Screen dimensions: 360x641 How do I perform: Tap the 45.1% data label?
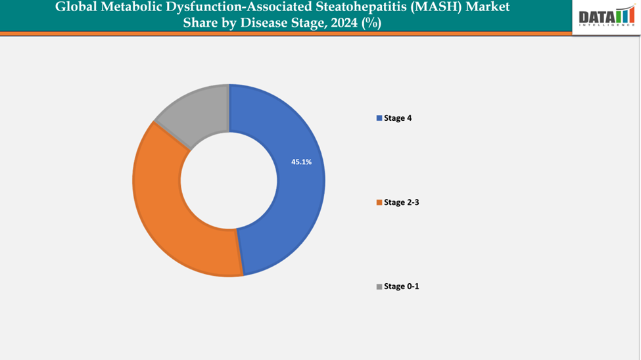(302, 162)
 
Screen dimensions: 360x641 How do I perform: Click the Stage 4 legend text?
(398, 118)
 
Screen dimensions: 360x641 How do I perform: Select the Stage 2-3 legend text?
(401, 202)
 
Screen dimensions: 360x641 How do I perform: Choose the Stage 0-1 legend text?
(401, 286)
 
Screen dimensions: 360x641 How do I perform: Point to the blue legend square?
(379, 118)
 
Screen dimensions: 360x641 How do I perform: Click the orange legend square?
(379, 202)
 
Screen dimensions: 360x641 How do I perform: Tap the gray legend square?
(379, 286)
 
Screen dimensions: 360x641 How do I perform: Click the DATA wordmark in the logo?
(596, 18)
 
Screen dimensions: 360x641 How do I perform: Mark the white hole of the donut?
(229, 180)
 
